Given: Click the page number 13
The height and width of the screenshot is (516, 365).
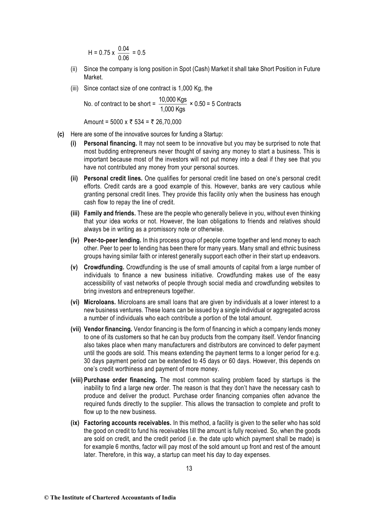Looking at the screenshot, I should click(189, 468).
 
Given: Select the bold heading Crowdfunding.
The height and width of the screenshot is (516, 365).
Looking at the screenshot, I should click(104, 267).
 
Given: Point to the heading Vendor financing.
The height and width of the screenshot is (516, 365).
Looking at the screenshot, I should click(108, 329).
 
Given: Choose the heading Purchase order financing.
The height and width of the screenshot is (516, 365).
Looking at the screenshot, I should click(120, 380).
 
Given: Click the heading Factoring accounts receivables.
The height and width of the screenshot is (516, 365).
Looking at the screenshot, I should click(127, 423).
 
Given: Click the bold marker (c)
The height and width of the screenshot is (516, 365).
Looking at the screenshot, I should click(60, 134).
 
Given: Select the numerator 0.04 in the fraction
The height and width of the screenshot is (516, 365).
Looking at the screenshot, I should click(124, 48).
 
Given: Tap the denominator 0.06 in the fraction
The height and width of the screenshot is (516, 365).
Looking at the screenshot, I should click(124, 58).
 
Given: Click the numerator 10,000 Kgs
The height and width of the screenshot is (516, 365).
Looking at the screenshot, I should click(173, 100).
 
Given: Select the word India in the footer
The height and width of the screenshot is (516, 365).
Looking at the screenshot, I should click(169, 498).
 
